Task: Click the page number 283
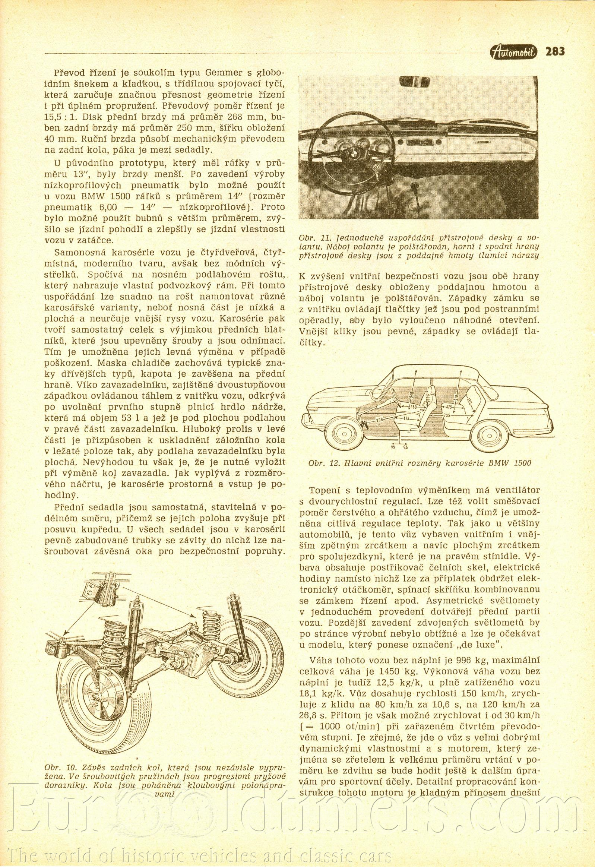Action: (555, 51)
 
